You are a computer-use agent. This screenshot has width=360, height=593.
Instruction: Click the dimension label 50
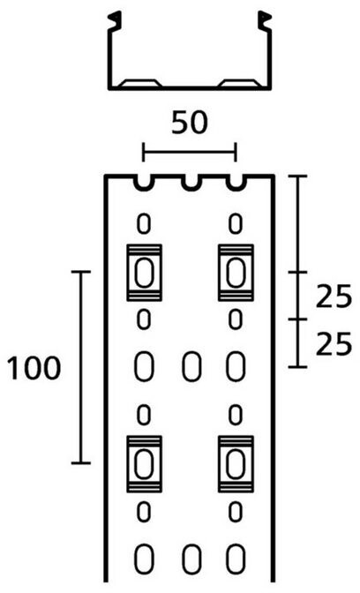click(x=190, y=123)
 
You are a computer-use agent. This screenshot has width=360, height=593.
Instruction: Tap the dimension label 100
click(x=34, y=368)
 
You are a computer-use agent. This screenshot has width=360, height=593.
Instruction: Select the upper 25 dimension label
click(x=334, y=296)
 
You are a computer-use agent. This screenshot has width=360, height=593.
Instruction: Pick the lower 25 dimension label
click(x=334, y=343)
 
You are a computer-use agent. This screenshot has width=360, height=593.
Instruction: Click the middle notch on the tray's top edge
click(x=191, y=183)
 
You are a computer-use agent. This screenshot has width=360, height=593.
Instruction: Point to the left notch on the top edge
click(x=145, y=183)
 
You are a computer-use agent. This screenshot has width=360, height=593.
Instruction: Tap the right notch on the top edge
click(x=236, y=183)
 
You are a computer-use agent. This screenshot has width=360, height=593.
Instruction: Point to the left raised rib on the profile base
click(x=140, y=83)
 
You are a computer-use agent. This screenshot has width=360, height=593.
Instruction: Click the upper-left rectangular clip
click(x=144, y=273)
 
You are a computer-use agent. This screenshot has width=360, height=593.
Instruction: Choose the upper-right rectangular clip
click(x=236, y=273)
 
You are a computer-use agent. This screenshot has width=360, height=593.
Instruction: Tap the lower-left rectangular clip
click(x=144, y=463)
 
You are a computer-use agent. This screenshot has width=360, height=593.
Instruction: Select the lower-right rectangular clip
click(x=236, y=463)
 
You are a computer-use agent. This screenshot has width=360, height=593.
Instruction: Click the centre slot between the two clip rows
click(x=191, y=366)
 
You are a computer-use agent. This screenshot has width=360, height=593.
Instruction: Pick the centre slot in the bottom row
click(x=191, y=559)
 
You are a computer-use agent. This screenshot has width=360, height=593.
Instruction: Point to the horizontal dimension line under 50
click(x=189, y=153)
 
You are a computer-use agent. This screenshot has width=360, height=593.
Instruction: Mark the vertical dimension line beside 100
click(x=80, y=367)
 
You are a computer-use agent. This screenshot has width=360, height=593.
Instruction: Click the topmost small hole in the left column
click(x=144, y=224)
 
